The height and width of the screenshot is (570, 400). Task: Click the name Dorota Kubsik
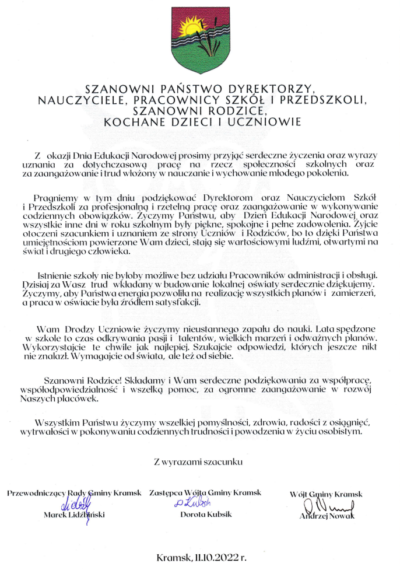(206, 515)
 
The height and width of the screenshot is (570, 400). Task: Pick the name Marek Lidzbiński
(74, 515)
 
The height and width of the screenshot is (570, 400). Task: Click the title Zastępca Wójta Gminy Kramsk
(205, 493)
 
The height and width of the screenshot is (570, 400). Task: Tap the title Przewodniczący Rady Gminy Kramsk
(74, 493)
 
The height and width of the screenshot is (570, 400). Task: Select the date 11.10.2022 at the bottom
(219, 557)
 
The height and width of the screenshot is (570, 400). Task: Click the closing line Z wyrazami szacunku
(198, 461)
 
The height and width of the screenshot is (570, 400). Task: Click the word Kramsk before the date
(173, 557)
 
